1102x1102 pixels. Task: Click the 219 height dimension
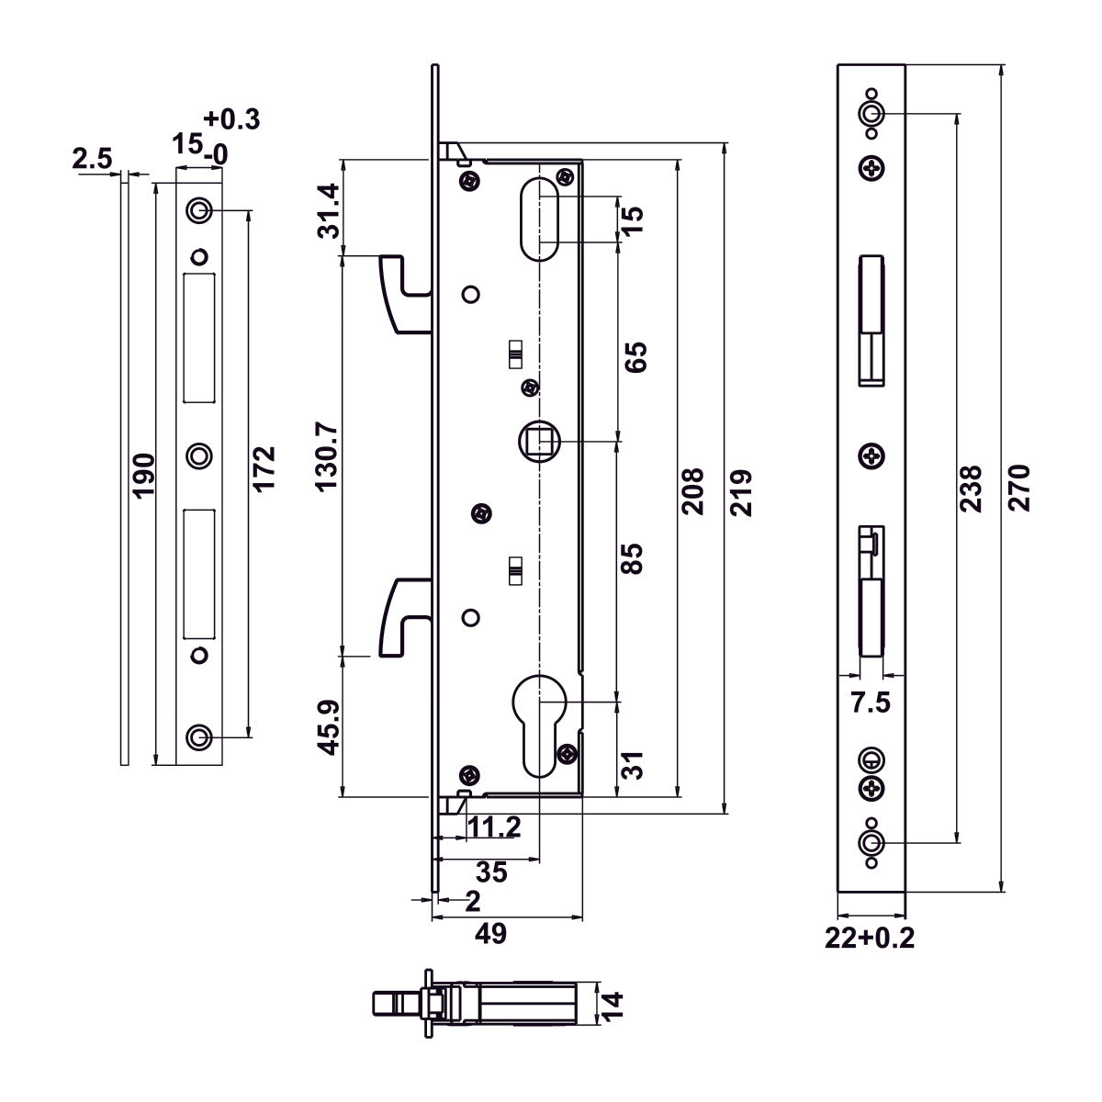(x=742, y=491)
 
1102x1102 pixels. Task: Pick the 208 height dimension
(x=693, y=491)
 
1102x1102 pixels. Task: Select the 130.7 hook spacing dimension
(x=328, y=456)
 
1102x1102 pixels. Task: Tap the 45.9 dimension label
(x=328, y=727)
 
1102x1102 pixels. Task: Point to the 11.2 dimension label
(x=494, y=827)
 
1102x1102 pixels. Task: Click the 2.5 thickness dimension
(x=92, y=159)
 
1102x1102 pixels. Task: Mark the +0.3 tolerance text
(x=231, y=119)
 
